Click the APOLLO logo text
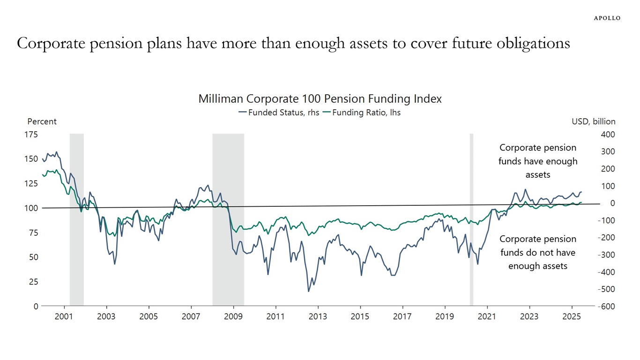click(607, 18)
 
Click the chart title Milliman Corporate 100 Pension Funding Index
click(320, 99)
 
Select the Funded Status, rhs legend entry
click(279, 112)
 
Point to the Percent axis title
click(42, 121)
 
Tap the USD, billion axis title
click(593, 121)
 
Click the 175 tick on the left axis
click(31, 135)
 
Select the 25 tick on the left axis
click(33, 282)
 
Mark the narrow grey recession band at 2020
click(471, 220)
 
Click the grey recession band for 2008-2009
click(228, 220)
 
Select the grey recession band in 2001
click(76, 220)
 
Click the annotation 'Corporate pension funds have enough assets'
click(538, 161)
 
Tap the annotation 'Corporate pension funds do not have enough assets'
click(538, 252)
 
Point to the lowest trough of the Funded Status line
click(309, 291)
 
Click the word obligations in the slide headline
click(530, 43)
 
